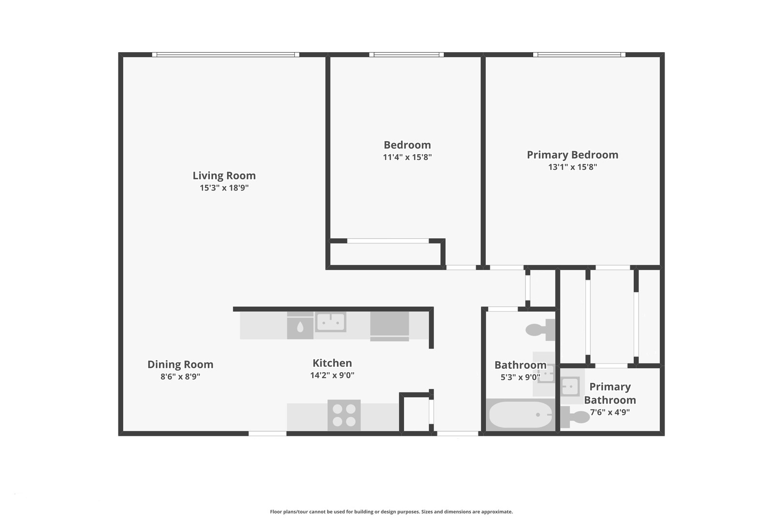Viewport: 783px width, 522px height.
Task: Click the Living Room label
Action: coord(224,175)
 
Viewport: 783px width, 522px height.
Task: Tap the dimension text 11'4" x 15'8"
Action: coord(407,157)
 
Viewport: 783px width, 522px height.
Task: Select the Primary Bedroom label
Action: coord(572,155)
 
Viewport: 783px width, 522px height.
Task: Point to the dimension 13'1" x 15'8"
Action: coord(572,167)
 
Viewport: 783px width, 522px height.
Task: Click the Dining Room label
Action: coord(180,364)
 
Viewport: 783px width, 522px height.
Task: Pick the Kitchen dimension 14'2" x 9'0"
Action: coord(332,375)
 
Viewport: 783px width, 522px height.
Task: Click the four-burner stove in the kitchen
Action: coord(344,415)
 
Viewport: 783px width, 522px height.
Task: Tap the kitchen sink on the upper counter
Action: coord(331,321)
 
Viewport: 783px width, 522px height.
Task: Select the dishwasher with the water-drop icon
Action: coord(300,327)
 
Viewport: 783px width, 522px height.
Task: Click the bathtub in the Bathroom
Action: coord(520,415)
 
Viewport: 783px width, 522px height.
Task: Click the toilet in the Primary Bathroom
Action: coord(575,417)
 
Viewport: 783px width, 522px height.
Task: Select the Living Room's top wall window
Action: coord(225,55)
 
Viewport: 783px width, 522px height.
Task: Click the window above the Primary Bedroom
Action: coord(579,55)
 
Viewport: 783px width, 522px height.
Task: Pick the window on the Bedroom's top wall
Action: coord(406,55)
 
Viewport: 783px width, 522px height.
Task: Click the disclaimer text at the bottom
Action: coord(391,511)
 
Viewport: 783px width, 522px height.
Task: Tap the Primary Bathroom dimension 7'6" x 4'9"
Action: coord(609,412)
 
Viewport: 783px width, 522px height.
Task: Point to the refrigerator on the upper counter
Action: coord(390,325)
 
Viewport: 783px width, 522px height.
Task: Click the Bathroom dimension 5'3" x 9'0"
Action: coord(520,377)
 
